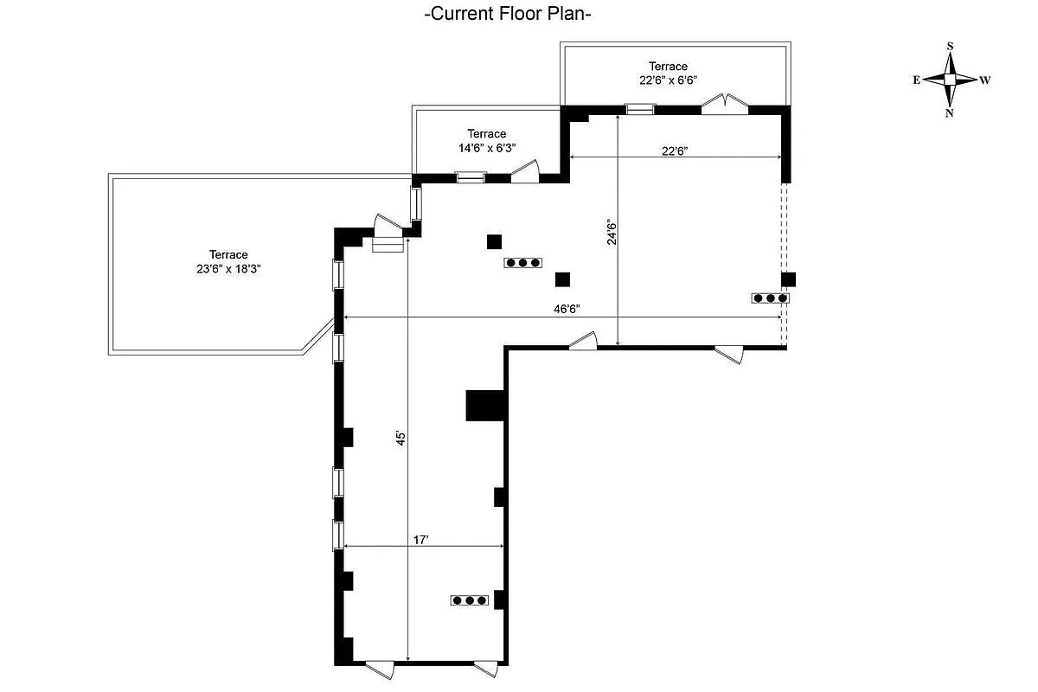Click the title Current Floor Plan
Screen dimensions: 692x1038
pyautogui.click(x=508, y=14)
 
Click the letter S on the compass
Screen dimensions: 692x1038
pyautogui.click(x=950, y=47)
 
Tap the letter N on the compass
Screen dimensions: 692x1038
pyautogui.click(x=950, y=112)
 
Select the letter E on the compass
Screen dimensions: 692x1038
pyautogui.click(x=916, y=80)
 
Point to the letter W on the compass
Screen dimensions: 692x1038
pyautogui.click(x=985, y=80)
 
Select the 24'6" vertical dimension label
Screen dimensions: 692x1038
pyautogui.click(x=612, y=231)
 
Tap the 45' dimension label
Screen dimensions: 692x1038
pyautogui.click(x=400, y=439)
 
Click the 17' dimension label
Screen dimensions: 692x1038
pyautogui.click(x=421, y=539)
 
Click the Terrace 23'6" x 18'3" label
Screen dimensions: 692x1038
pyautogui.click(x=228, y=261)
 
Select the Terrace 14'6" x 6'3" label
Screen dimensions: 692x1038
pyautogui.click(x=487, y=140)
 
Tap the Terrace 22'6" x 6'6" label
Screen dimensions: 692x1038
pyautogui.click(x=669, y=73)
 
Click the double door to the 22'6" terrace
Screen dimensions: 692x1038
pyautogui.click(x=724, y=104)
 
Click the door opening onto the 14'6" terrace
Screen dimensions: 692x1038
pyautogui.click(x=524, y=172)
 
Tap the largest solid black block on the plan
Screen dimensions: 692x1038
pyautogui.click(x=485, y=405)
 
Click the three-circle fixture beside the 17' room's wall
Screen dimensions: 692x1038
pyautogui.click(x=470, y=599)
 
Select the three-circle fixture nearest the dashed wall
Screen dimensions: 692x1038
pyautogui.click(x=770, y=298)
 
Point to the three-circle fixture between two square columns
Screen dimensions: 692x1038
pyautogui.click(x=523, y=262)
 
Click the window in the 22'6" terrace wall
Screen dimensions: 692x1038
pyautogui.click(x=640, y=109)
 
